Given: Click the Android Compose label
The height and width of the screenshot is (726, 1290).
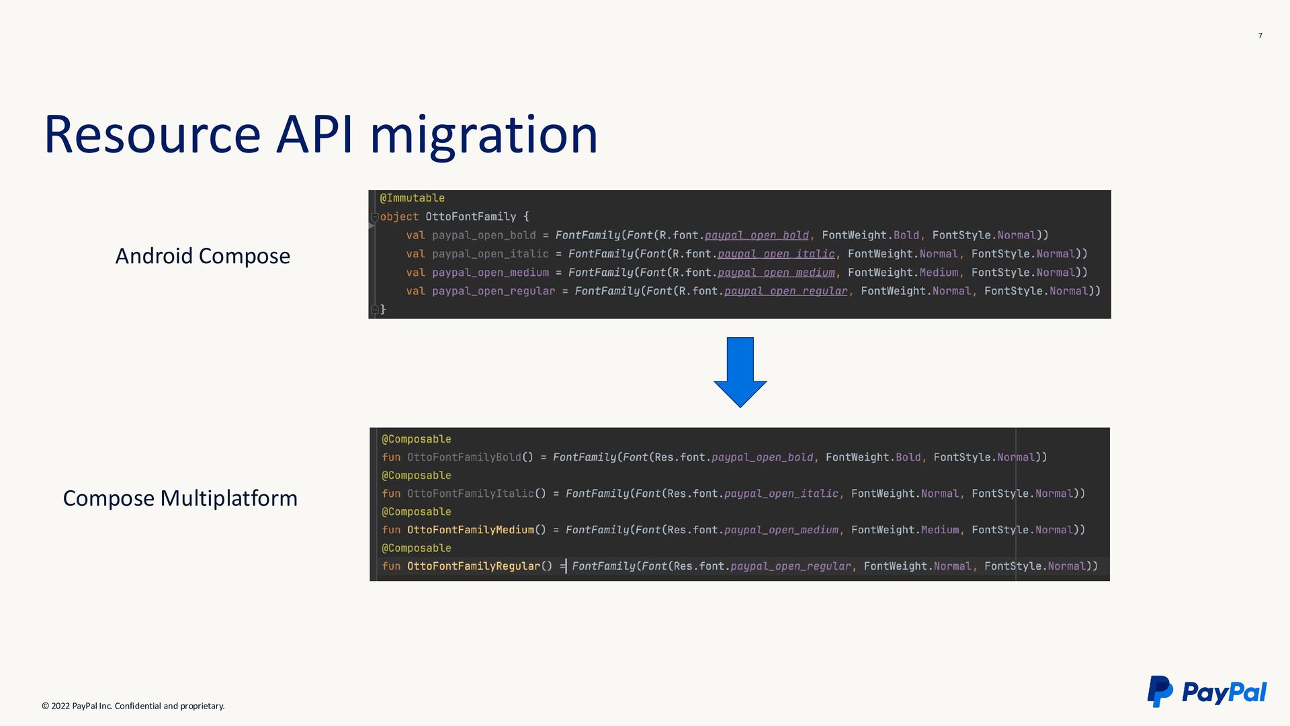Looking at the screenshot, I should click(x=202, y=256).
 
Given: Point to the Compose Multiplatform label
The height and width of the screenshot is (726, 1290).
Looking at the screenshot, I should click(x=179, y=498).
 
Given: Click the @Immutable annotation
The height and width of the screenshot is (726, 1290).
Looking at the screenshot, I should click(x=412, y=198).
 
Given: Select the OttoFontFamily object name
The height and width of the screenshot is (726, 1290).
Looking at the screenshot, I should click(x=470, y=217).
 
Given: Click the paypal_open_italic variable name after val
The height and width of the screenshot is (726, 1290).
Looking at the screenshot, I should click(x=490, y=254).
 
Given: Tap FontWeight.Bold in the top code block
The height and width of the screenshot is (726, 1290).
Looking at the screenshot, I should click(x=870, y=235).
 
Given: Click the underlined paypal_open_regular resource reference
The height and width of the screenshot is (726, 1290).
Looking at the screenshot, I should click(x=785, y=291).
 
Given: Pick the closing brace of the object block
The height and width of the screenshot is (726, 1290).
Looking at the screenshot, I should click(x=383, y=309).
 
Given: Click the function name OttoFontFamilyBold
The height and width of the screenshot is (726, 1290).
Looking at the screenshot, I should click(x=464, y=457).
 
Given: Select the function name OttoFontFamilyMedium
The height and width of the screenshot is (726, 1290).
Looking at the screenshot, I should click(x=470, y=530).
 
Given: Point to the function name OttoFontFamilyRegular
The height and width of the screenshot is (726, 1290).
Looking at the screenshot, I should click(x=473, y=566).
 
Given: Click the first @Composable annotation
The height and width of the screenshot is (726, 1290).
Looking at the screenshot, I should click(x=416, y=439).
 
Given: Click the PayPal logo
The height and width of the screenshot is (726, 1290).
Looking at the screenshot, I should click(x=1207, y=692).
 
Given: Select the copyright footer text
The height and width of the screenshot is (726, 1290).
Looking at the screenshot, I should click(x=133, y=706).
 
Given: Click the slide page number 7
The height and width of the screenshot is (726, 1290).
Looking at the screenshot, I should click(x=1260, y=36).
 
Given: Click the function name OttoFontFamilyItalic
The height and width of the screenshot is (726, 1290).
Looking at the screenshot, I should click(x=470, y=494).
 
